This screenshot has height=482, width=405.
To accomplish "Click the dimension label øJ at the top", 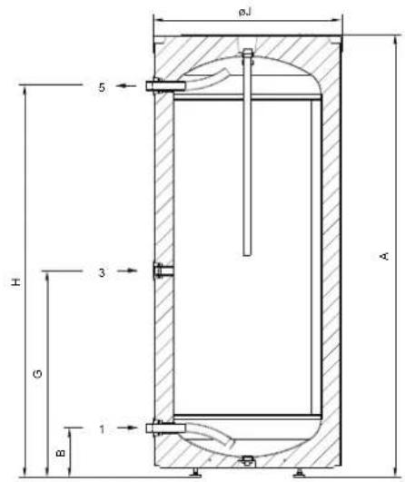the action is pos(245,13).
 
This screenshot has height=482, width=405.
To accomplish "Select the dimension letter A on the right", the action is pos(385,256).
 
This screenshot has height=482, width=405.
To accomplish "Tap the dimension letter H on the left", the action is pos(15,282).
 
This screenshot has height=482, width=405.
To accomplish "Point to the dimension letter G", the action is pos(37,374).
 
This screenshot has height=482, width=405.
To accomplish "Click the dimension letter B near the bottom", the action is pos(61,452).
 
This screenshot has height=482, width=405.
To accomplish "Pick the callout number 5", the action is pos(102,87).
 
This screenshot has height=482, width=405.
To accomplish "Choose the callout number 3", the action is pos(102,272).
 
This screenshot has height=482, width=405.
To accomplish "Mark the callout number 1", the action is pos(102,429).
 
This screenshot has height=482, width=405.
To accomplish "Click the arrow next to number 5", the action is pos(126,85).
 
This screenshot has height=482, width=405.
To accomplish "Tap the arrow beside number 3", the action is pos(128,271).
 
